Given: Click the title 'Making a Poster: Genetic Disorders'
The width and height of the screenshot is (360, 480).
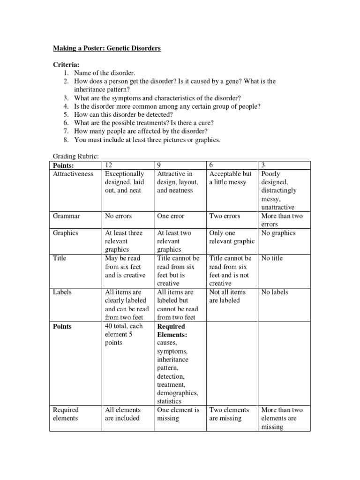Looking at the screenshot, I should point(106,48).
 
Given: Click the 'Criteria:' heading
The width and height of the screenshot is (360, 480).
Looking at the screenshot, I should point(66,65).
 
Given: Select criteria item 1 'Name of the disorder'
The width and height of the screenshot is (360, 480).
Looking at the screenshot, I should point(104,73).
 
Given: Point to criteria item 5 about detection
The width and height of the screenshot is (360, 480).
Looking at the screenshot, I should point(123,115).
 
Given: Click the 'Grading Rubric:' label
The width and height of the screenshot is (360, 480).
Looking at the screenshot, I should point(75,157).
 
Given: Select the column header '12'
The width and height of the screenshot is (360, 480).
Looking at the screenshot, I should point(109,165).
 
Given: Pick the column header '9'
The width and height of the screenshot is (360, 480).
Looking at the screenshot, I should point(160,165).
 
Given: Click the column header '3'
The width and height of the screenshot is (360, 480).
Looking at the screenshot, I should point(263,165).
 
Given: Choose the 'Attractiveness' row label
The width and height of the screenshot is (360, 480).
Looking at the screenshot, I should point(73,174).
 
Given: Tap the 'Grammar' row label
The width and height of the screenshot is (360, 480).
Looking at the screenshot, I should point(66,216).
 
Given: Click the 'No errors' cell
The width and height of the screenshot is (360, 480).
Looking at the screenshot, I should point(118,216).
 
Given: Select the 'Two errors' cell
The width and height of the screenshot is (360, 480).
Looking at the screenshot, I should point(225,216).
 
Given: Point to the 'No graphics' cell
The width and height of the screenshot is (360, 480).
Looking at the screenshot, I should point(278,233).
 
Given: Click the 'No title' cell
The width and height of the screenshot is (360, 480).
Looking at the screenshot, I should point(272,258).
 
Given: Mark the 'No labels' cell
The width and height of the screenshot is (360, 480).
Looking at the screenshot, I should point(274,292).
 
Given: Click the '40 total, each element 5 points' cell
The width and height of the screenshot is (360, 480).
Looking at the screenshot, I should point(124,334).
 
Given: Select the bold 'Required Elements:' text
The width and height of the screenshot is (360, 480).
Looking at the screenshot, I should point(171,330).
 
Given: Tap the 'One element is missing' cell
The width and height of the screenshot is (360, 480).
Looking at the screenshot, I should point(178,414).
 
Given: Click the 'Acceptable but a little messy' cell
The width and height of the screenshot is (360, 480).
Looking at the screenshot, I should point(230,178).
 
